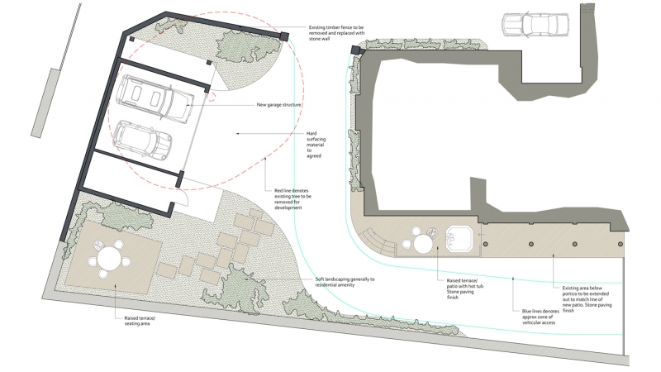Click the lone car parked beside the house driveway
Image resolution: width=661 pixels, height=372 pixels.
coord(535,26)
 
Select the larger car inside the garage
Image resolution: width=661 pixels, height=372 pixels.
coord(155,98)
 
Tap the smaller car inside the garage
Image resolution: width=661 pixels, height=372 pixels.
coord(142,140)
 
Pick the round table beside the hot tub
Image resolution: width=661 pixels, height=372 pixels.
coord(424,244)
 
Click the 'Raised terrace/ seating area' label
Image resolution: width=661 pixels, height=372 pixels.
coord(135,320)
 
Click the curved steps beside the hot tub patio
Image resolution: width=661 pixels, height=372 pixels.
coord(381,242)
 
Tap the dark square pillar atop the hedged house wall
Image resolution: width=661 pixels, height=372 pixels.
coord(356,50)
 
